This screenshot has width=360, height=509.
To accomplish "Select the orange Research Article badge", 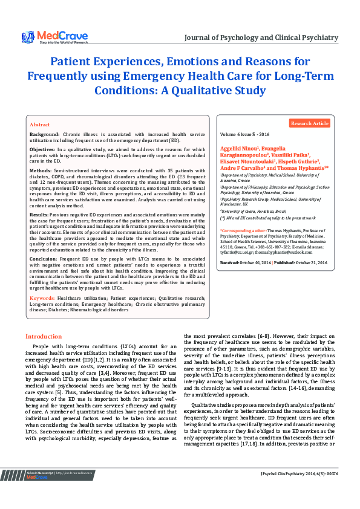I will click(x=310, y=123).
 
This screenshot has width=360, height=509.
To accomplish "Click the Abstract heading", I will click(x=40, y=123).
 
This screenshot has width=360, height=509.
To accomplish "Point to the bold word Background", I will click(x=45, y=134).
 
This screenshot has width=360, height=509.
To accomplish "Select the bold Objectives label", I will click(x=44, y=148).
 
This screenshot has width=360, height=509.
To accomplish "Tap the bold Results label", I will click(x=39, y=215).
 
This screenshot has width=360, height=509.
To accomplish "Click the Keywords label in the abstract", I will click(x=42, y=299).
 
